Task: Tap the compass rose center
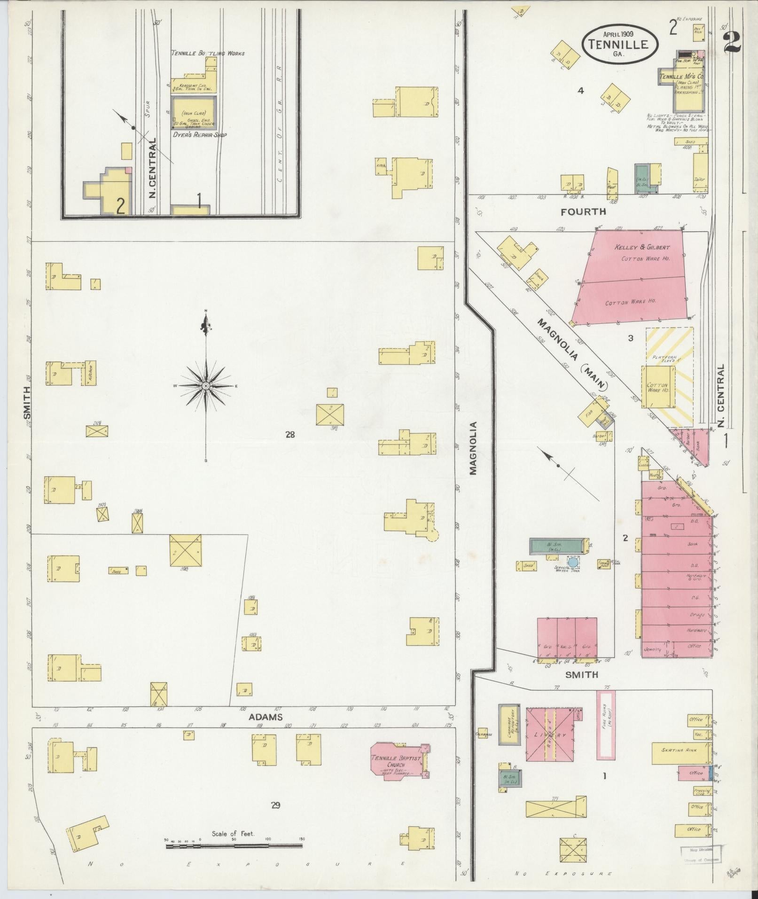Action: [x=206, y=386]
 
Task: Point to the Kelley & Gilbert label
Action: [x=642, y=247]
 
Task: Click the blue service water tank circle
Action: [x=573, y=562]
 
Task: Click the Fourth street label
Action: [x=583, y=212]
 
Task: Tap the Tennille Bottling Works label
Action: [x=208, y=54]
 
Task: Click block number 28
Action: [x=290, y=434]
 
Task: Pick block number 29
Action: [x=275, y=805]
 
